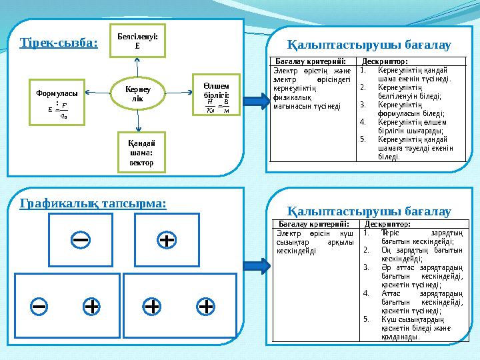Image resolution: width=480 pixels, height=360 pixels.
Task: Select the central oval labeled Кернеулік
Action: click(x=137, y=94)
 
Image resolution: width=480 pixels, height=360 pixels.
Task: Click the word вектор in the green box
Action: click(x=137, y=162)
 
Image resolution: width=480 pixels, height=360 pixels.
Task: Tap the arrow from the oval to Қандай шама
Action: click(x=137, y=120)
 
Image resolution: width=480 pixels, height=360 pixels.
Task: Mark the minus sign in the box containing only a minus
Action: click(x=81, y=238)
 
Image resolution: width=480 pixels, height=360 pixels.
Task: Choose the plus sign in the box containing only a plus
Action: click(x=167, y=238)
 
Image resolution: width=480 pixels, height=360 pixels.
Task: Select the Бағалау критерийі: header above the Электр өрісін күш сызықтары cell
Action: click(x=312, y=225)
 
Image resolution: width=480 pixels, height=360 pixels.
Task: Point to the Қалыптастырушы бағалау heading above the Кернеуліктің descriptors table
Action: click(x=369, y=45)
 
